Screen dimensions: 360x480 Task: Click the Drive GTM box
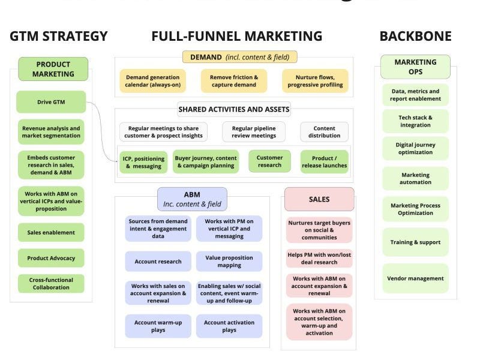click(51, 102)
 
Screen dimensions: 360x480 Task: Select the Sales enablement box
click(51, 233)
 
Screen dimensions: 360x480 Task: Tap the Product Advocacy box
click(51, 259)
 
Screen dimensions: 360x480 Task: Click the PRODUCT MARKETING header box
click(53, 69)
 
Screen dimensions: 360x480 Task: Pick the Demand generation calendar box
click(152, 81)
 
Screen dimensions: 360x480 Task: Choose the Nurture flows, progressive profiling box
click(315, 81)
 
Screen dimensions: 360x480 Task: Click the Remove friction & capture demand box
click(234, 81)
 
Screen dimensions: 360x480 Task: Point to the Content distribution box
click(325, 131)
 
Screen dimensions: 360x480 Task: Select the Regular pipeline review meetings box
click(254, 131)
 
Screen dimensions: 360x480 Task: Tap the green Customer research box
click(269, 161)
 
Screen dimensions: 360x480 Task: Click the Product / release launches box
click(325, 161)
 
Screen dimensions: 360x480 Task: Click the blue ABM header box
click(193, 199)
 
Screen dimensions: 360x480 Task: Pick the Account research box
click(158, 262)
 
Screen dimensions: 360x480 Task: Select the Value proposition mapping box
click(229, 262)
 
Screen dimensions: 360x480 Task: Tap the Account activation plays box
click(229, 326)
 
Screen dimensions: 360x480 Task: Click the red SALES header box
click(319, 199)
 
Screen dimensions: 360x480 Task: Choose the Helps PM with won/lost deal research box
click(319, 259)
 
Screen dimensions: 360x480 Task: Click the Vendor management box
click(415, 278)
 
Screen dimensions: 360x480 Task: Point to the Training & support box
click(415, 242)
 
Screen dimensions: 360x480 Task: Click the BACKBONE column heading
click(415, 36)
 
